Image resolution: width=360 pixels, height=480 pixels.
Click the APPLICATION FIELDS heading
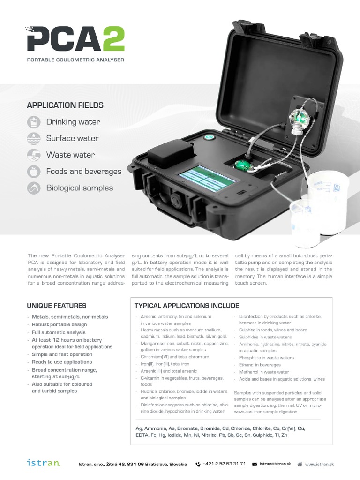point(65,105)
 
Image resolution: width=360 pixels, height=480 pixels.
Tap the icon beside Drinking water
point(34,122)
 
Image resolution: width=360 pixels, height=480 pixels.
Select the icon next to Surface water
point(34,139)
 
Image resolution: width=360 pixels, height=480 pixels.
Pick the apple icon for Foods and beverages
point(34,172)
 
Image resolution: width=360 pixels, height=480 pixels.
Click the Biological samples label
point(79,188)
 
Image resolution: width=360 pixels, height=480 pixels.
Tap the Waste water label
point(70,155)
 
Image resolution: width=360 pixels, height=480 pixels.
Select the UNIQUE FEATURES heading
point(57,306)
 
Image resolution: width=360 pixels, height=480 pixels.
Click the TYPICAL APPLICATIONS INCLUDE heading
point(187,306)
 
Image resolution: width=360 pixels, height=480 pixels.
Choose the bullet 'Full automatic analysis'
point(59,332)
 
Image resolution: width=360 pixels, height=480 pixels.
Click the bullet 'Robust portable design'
point(59,324)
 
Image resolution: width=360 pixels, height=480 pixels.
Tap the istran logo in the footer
point(44,463)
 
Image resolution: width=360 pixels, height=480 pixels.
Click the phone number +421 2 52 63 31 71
point(224,464)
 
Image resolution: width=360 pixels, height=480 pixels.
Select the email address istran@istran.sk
point(275,464)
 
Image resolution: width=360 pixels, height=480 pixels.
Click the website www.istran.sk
point(319,464)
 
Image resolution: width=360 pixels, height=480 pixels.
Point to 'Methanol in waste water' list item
point(264,372)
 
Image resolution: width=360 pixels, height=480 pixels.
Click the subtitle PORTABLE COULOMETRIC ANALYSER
point(75,60)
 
